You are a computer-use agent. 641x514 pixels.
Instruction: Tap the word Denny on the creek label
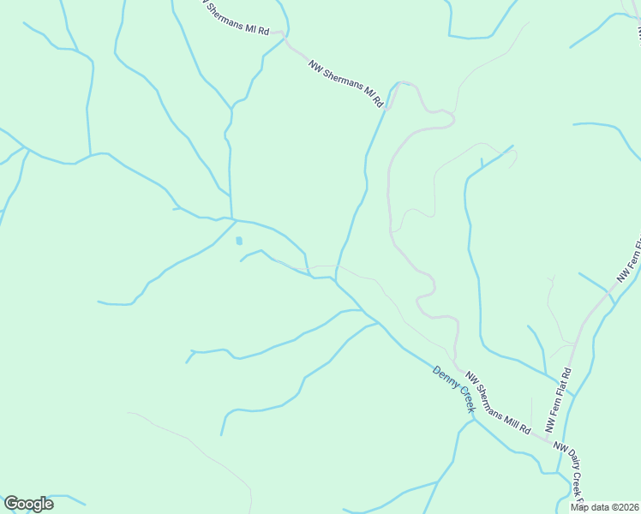(446, 380)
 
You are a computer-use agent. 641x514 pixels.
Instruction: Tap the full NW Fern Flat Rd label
(559, 400)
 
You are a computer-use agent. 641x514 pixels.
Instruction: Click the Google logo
(28, 504)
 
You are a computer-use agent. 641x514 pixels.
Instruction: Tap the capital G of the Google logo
(11, 504)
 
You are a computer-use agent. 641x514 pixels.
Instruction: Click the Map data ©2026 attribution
(604, 506)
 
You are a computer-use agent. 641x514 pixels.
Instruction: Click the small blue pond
(239, 241)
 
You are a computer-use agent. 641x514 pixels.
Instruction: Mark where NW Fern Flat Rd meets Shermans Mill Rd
(547, 438)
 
